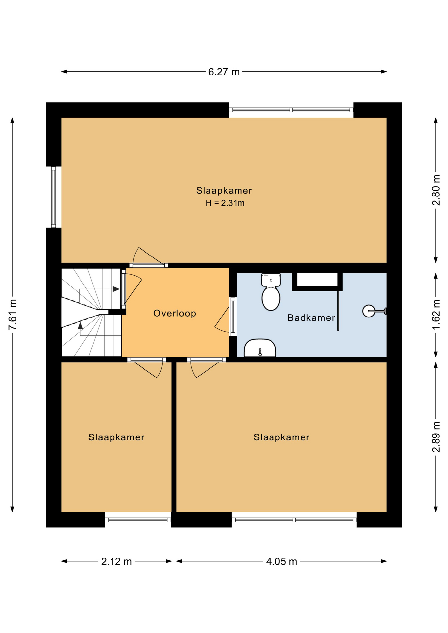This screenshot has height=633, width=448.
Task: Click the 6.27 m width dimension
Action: pos(224,72)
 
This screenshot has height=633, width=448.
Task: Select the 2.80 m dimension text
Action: pos(436,190)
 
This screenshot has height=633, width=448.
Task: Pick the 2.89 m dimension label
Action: pos(436,437)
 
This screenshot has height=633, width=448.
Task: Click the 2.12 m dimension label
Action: pos(116,561)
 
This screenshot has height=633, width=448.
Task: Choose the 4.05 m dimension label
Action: pos(281,561)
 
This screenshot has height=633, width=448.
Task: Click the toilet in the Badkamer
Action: pos(271,292)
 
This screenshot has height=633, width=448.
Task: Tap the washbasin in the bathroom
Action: pos(260,348)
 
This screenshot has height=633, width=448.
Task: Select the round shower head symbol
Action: pos(369,311)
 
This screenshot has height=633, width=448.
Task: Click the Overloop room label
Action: pos(175,313)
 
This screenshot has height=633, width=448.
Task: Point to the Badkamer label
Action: pos(311,317)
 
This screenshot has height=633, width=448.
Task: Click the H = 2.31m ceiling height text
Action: pos(225,203)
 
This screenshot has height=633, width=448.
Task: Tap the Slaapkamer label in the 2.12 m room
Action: pos(116,437)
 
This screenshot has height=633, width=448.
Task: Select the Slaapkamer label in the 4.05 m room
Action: pos(281,437)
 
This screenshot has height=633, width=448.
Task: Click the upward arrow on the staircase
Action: pos(80,326)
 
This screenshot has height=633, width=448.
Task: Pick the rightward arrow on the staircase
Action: pos(116,289)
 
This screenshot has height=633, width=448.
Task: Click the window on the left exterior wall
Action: pos(53,197)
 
